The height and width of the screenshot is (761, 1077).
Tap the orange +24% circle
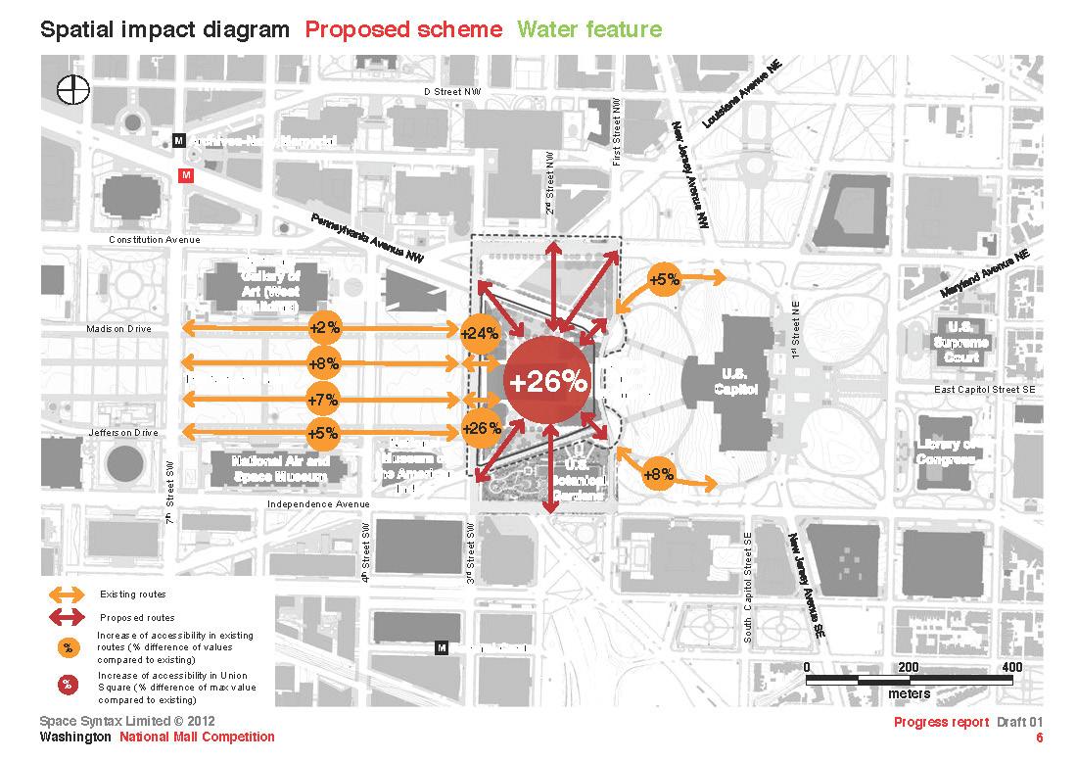480,334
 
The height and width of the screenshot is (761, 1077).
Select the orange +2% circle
323,327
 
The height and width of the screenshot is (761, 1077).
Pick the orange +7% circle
323,400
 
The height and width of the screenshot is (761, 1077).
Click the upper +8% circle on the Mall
323,363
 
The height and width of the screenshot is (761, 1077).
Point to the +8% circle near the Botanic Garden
658,475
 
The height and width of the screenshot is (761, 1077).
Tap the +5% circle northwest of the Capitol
665,280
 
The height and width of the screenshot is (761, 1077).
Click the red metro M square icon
187,175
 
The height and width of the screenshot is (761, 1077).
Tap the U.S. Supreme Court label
960,343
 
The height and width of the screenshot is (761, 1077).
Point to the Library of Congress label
945,452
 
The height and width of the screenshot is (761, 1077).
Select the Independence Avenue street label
318,504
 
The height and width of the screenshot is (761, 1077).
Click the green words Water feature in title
590,28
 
